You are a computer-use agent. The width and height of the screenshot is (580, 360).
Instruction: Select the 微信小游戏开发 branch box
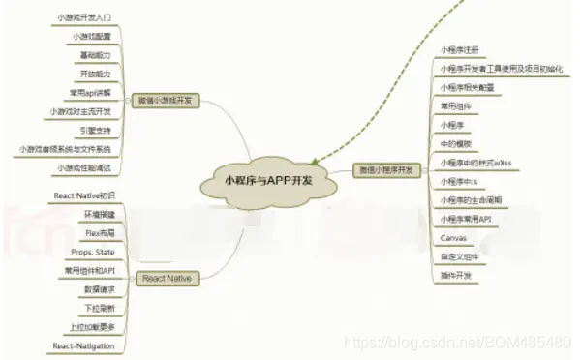click(x=164, y=100)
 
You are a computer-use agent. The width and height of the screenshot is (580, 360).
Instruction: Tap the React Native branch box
click(x=166, y=279)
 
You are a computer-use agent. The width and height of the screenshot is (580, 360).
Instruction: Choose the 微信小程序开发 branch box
click(x=385, y=169)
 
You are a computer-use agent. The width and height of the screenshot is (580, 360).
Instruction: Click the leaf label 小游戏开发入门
click(x=85, y=17)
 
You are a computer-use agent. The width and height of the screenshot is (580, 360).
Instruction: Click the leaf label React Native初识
click(x=85, y=196)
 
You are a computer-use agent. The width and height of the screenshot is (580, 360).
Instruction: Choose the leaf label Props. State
click(x=93, y=252)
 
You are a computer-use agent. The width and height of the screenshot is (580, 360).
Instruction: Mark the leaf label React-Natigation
click(x=85, y=345)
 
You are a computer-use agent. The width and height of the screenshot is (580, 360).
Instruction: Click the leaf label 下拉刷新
click(x=101, y=308)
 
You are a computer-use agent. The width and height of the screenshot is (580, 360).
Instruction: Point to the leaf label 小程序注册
click(x=460, y=49)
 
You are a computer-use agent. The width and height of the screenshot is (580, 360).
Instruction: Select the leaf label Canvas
click(x=453, y=237)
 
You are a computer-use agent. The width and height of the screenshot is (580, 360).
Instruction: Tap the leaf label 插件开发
click(x=457, y=275)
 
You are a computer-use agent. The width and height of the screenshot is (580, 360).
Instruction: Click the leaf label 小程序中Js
click(x=458, y=181)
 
